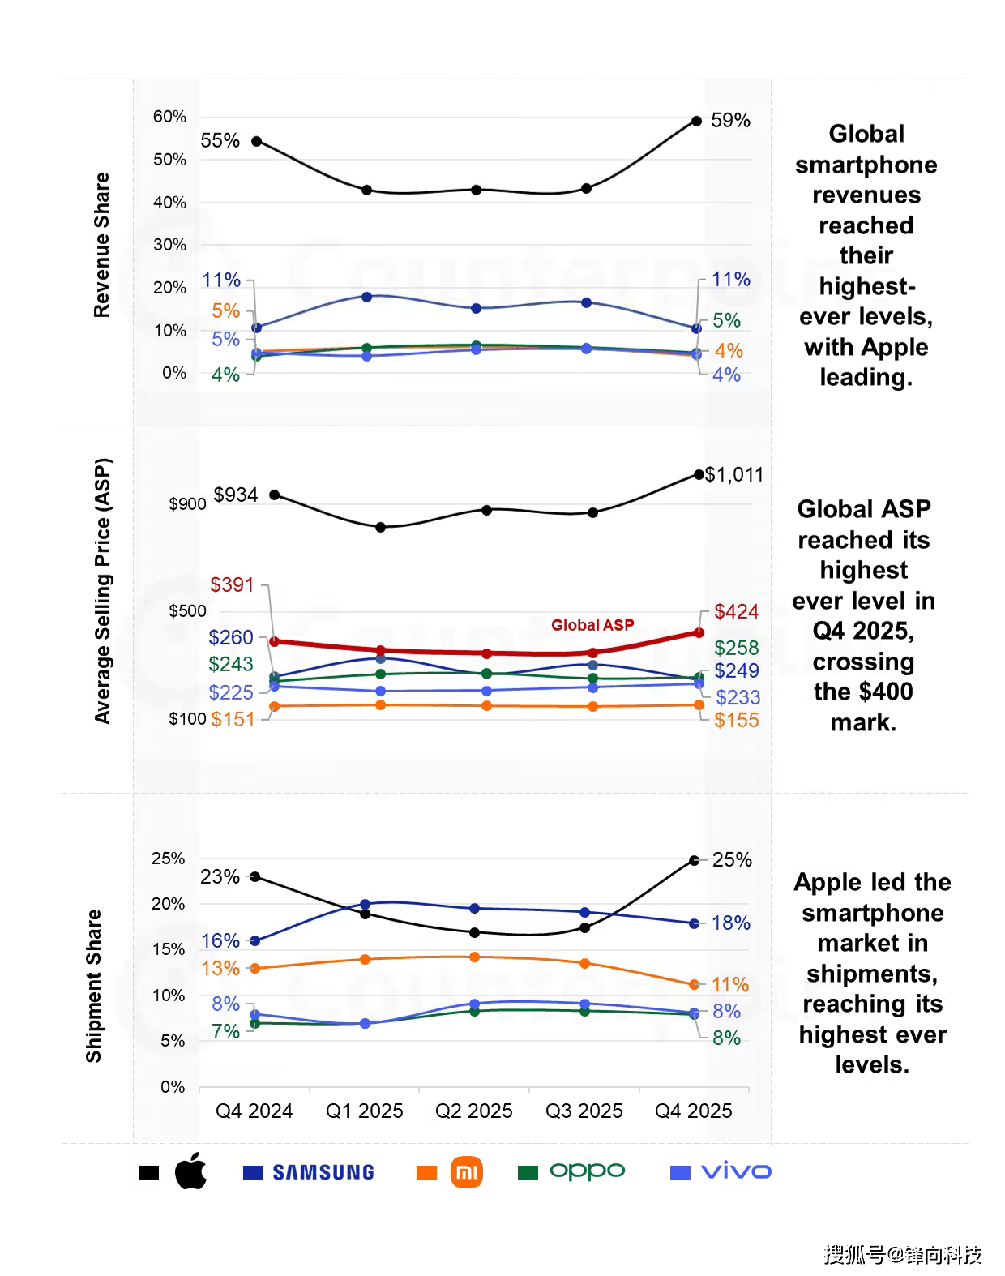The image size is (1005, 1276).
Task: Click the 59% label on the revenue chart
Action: tap(730, 121)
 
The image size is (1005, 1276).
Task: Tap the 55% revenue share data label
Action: tap(220, 141)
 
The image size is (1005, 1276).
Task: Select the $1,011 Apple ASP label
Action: tap(734, 475)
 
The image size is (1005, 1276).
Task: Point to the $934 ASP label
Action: tap(235, 495)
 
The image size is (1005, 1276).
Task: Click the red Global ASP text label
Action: tap(592, 625)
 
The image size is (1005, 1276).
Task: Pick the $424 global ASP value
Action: tap(736, 612)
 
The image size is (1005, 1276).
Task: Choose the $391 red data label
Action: tap(232, 585)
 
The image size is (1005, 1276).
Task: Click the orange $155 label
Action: tap(736, 721)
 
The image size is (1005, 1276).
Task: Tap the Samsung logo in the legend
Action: tap(323, 1172)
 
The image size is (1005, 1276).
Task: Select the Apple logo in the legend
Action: tap(191, 1171)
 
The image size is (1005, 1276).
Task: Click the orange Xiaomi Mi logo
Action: tap(467, 1172)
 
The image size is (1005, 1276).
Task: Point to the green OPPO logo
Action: tap(587, 1171)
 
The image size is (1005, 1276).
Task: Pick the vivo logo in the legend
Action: tap(736, 1171)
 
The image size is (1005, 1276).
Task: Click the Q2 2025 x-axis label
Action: tap(474, 1111)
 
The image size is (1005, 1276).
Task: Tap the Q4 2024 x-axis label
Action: tap(254, 1111)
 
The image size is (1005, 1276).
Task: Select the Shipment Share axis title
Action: tap(94, 986)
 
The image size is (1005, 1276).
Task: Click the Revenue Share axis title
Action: tap(101, 245)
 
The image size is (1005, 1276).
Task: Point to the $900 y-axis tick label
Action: tap(187, 504)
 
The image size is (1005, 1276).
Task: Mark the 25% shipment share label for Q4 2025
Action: tap(732, 860)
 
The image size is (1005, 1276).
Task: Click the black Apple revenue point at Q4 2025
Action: tap(696, 122)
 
